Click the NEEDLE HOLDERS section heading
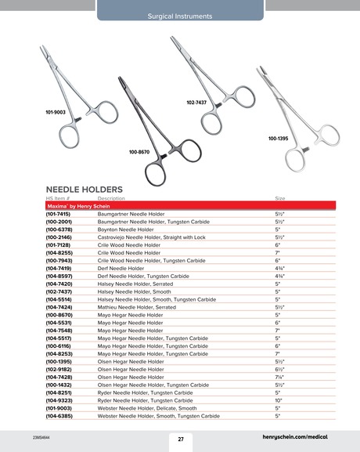[x=85, y=190]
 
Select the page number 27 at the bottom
[x=180, y=439]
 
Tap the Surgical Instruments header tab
[x=180, y=16]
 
